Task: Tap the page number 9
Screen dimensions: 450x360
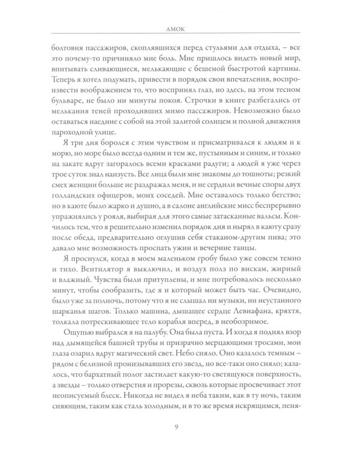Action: pyautogui.click(x=179, y=426)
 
